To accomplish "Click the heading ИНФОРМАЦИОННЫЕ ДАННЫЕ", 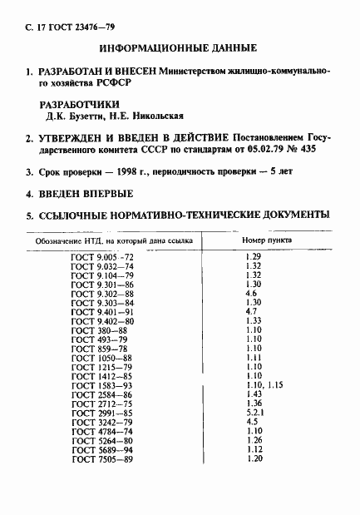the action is coord(180,49).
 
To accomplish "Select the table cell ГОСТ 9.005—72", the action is coord(102,257).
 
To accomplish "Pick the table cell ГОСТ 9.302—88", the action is coord(102,294).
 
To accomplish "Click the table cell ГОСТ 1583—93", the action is coord(102,385).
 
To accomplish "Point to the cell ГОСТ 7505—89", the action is coord(102,458).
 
